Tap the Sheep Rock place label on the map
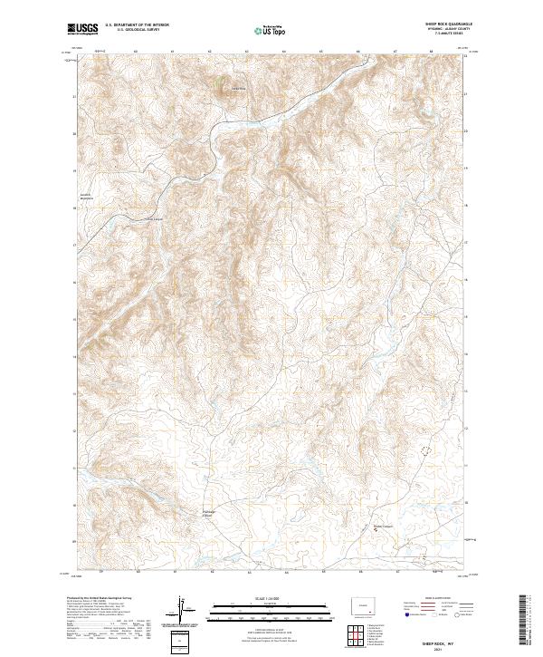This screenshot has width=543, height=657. (239, 88)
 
